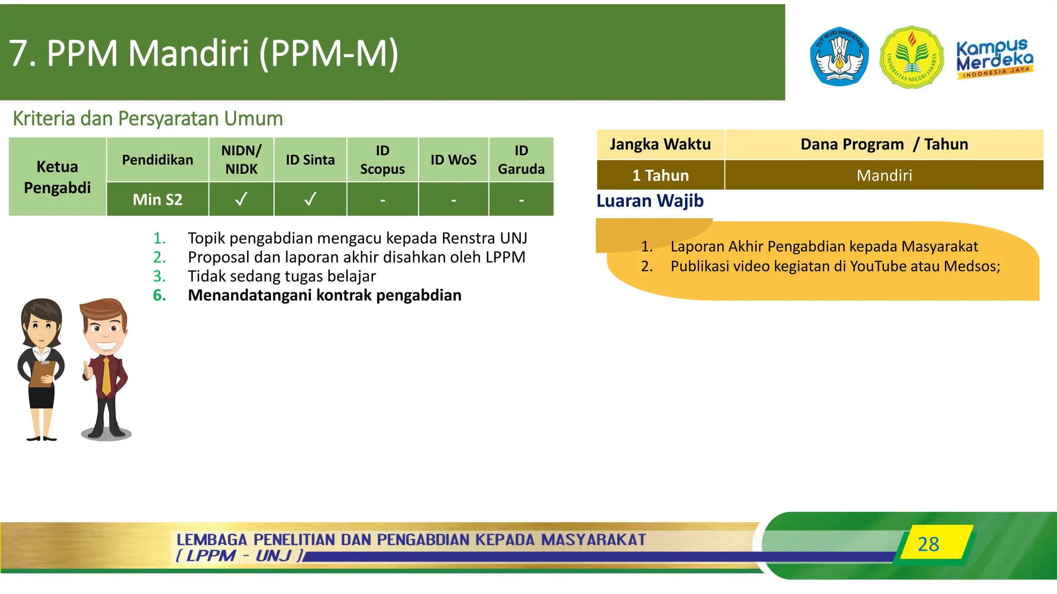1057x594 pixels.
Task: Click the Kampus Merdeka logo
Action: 994,58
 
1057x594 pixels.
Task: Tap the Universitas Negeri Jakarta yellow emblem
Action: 912,57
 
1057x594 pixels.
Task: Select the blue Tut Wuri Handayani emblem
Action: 839,57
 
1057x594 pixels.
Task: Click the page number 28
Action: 928,544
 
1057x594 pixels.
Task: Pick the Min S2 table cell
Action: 157,200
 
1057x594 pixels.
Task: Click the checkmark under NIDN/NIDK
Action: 241,199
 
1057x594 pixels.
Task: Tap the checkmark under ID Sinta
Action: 310,199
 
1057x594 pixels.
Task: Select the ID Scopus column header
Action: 382,160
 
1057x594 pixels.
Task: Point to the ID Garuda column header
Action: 521,160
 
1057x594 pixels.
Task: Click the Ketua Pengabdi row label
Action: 57,177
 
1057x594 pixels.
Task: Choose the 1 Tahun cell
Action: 661,175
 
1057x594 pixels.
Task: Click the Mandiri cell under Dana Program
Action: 884,175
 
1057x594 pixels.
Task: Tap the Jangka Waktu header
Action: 660,144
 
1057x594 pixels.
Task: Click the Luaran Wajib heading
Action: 650,201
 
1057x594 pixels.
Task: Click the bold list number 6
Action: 159,295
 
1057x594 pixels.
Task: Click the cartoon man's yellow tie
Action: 106,376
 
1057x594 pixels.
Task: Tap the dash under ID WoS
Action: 454,200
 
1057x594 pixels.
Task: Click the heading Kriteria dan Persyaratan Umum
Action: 148,119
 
